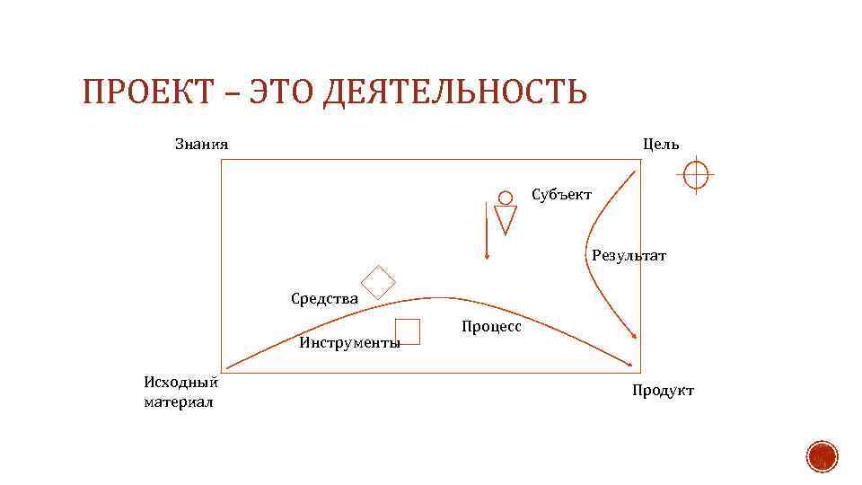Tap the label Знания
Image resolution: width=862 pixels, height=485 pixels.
pos(201,144)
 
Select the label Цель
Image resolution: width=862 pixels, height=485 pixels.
pos(661,144)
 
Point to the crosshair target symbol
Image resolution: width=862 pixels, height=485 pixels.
pos(696,174)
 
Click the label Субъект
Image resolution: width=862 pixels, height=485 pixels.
pos(561,194)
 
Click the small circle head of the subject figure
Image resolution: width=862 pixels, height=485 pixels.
pos(506,197)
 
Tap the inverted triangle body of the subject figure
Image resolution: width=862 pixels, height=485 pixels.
pos(506,218)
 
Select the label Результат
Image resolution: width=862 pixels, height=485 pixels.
pos(629,256)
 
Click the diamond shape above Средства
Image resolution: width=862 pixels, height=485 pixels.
pos(378,281)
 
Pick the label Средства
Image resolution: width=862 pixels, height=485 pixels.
pos(325,298)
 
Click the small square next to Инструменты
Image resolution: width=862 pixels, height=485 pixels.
pos(408,331)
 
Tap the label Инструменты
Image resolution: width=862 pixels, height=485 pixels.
pos(349,342)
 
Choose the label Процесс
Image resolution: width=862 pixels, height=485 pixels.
pos(491,327)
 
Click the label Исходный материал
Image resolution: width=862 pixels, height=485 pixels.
pos(180,392)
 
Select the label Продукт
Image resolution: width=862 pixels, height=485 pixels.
pos(663,390)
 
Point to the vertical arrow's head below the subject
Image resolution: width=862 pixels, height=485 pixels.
pos(486,256)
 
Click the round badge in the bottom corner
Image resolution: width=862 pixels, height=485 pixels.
pos(821,457)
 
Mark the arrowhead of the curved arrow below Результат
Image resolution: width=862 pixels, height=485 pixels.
pos(635,336)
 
